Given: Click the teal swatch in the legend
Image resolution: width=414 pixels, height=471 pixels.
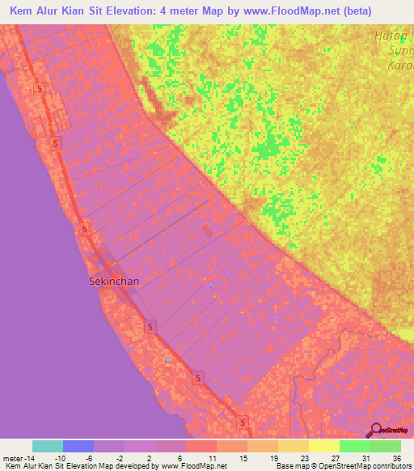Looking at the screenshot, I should pyautogui.click(x=48, y=446).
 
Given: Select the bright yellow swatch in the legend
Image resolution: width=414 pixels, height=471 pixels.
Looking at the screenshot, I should pyautogui.click(x=323, y=446).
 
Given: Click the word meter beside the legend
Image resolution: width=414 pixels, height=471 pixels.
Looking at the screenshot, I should pyautogui.click(x=14, y=458).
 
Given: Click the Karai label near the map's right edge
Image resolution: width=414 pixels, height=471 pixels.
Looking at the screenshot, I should pyautogui.click(x=400, y=63).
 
